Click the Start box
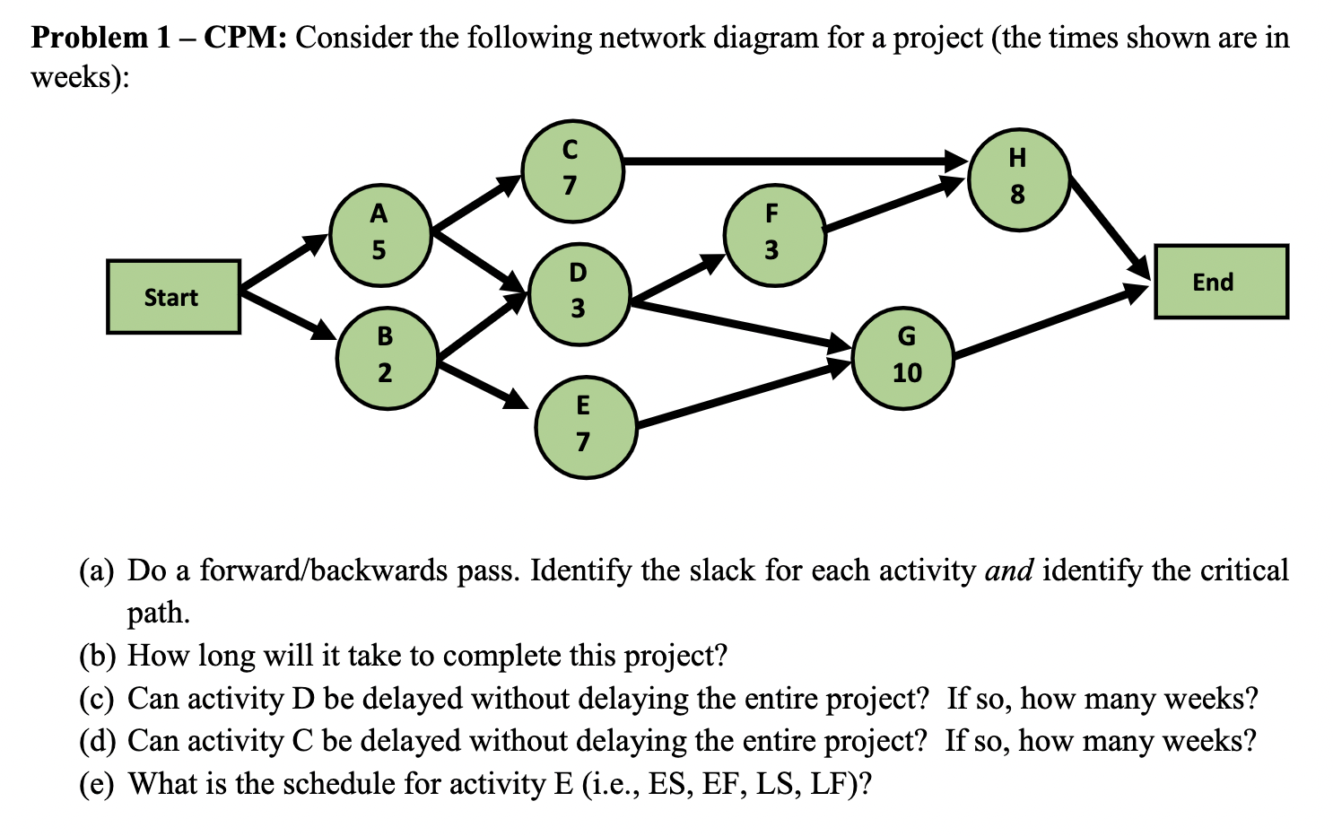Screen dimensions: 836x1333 [x=173, y=297]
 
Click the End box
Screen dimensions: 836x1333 [x=1220, y=282]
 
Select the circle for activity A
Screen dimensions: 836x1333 [x=380, y=233]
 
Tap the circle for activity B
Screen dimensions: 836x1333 [x=387, y=356]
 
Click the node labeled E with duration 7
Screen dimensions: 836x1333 [x=585, y=426]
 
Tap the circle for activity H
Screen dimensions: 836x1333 [x=1018, y=179]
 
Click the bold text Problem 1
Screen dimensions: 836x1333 [x=100, y=38]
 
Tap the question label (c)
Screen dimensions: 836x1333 [x=96, y=698]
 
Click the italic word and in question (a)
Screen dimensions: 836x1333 [x=1008, y=570]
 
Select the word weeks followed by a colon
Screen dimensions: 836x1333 [x=79, y=78]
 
